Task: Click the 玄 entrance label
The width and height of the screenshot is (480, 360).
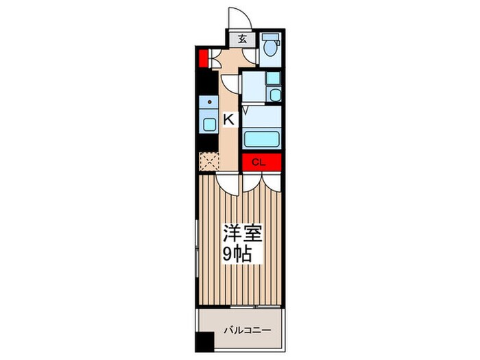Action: (243, 39)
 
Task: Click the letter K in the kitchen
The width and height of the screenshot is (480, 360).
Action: (228, 120)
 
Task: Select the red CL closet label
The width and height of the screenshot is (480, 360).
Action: (260, 163)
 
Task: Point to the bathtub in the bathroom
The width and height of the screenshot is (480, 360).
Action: (261, 138)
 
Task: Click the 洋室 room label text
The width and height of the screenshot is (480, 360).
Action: (240, 233)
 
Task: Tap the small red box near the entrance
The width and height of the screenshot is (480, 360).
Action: (203, 57)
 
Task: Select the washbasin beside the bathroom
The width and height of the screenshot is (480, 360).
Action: (274, 95)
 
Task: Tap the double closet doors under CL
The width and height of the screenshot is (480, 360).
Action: (261, 180)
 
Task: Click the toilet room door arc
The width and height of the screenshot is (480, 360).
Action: (252, 58)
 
